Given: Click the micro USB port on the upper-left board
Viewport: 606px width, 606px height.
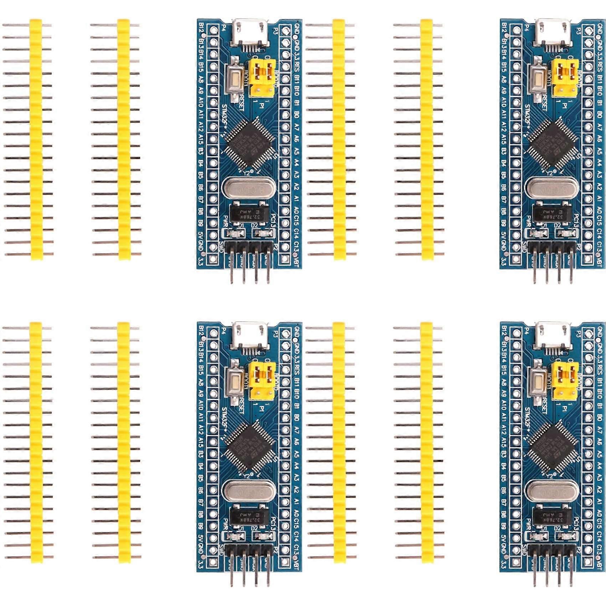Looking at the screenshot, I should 250,33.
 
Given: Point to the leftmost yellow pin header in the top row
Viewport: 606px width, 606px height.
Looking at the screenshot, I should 36,139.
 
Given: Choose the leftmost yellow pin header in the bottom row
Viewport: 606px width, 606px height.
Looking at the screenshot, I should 36,442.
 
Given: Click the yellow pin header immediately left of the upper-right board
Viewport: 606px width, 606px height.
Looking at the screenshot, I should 427,139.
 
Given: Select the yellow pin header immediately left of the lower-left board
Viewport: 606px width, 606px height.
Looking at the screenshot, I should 124,442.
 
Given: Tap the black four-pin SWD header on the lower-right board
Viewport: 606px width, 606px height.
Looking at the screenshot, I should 552,550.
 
